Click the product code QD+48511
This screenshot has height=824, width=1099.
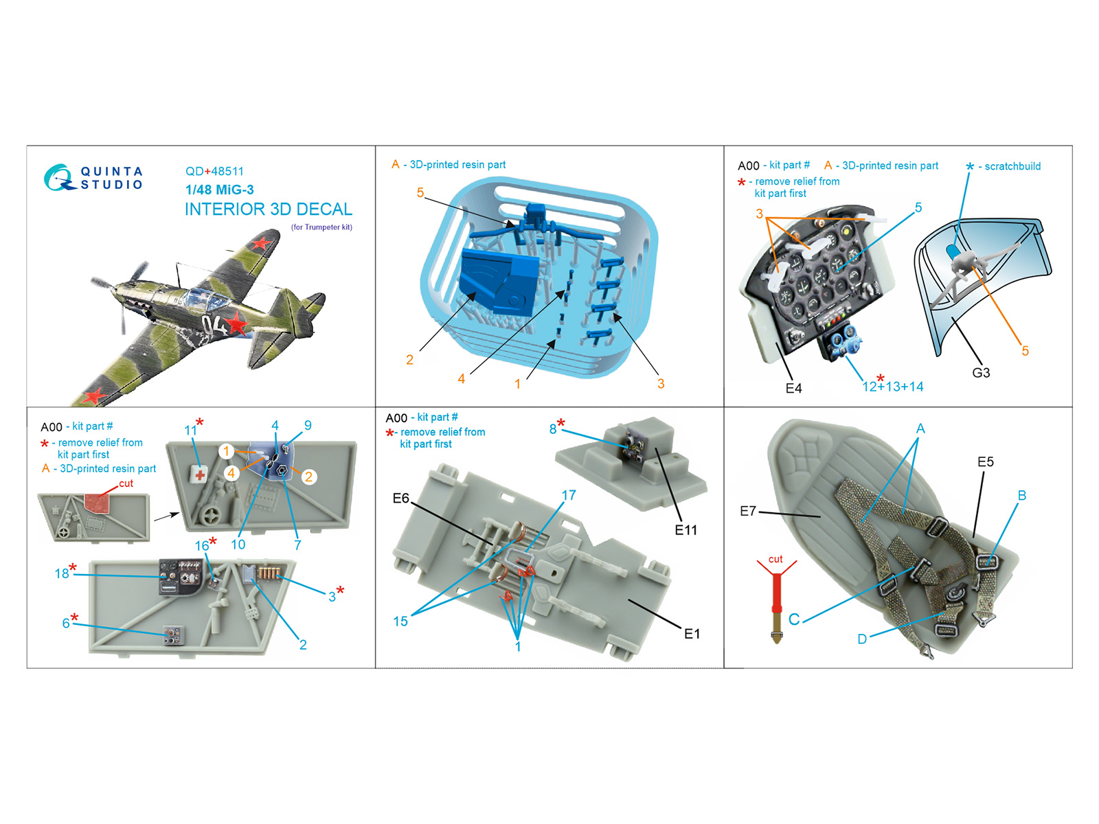[214, 171]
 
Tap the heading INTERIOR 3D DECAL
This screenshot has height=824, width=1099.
[269, 209]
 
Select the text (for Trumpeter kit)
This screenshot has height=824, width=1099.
[322, 227]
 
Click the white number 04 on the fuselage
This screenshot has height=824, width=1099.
[214, 326]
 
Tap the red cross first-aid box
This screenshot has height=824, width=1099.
[200, 474]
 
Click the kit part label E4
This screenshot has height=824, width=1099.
[793, 388]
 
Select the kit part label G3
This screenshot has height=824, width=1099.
[981, 373]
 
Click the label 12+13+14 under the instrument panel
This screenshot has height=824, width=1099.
[893, 385]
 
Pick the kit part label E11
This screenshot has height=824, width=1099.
[686, 530]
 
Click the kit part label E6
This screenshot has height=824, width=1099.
[401, 499]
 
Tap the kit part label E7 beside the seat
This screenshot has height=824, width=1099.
[748, 511]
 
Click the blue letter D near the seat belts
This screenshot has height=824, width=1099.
[862, 639]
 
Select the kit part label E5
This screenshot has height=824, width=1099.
[986, 461]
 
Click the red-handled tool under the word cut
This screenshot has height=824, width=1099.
[777, 608]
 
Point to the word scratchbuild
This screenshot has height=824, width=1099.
[1012, 167]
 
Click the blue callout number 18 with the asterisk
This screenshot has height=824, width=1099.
[65, 571]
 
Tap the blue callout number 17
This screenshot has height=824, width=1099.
[568, 495]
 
